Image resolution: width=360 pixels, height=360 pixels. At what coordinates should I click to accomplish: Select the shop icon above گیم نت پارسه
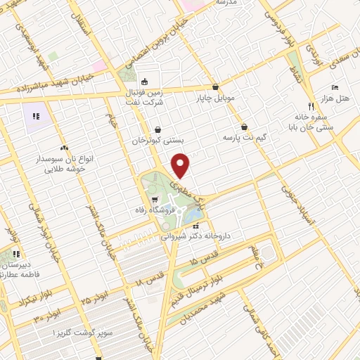[x=244, y=127]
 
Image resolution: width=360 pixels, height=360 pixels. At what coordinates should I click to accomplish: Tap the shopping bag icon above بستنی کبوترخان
[x=157, y=130]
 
